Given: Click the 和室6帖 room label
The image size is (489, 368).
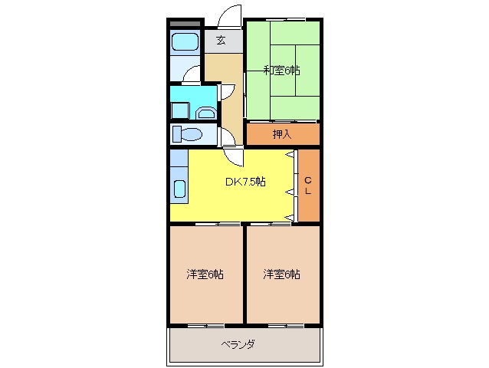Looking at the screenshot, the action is (x=281, y=71).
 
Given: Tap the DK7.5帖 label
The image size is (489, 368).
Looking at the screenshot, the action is (x=245, y=182).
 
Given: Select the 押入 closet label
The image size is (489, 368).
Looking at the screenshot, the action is (x=282, y=134).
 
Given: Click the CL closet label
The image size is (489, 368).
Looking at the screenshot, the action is (x=308, y=186).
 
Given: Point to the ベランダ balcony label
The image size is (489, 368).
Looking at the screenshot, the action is (x=238, y=344).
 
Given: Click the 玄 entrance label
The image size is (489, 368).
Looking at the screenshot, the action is (x=221, y=40).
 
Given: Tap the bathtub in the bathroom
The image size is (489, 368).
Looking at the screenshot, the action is (x=185, y=41).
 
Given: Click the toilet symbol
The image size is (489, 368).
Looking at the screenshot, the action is (x=188, y=134).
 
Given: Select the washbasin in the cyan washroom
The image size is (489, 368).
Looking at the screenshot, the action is (x=206, y=113).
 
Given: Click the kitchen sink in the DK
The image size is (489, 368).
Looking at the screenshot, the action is (x=180, y=189).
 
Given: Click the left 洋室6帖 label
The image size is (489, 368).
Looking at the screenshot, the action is (x=205, y=274).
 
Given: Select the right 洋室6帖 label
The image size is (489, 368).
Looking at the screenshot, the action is (x=281, y=274).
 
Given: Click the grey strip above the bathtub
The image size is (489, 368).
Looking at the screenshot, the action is (x=185, y=24).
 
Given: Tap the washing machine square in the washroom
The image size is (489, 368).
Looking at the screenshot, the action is (x=180, y=110).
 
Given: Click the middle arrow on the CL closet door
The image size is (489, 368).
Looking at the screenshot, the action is (x=290, y=192).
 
